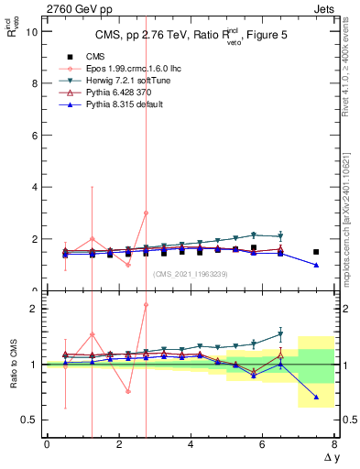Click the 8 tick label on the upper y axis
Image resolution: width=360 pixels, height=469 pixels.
point(34,83)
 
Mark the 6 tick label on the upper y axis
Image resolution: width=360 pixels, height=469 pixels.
point(34,135)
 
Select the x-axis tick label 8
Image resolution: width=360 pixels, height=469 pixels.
point(334,445)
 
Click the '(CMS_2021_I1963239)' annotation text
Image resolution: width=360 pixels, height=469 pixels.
point(190,274)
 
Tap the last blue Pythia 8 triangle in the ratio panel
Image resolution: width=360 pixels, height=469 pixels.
point(316,397)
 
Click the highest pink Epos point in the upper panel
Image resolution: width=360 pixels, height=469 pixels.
point(146,213)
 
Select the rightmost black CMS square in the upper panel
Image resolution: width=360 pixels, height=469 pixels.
point(316,252)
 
